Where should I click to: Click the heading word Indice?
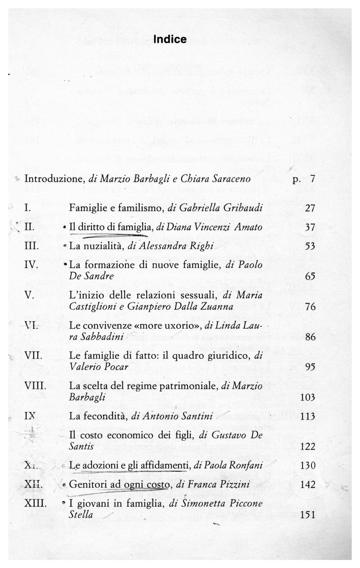170,40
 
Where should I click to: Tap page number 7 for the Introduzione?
312,179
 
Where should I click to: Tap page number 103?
307,397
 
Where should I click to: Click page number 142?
307,484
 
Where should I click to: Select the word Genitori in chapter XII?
85,484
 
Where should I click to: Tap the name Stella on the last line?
81,515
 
